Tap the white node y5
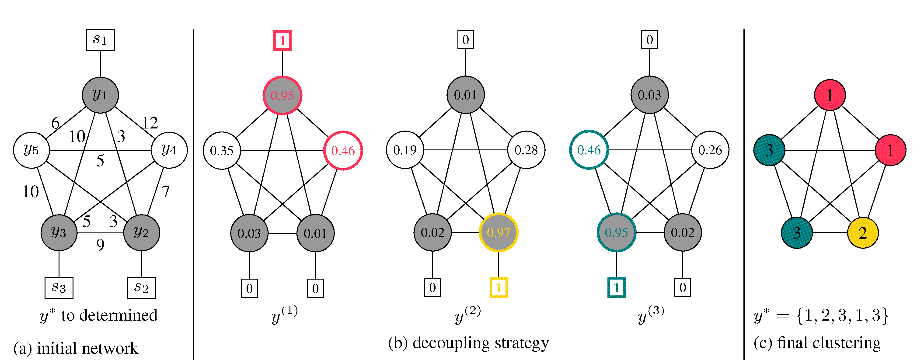31,150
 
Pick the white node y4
169,150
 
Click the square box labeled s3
59,287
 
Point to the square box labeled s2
142,287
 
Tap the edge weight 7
165,191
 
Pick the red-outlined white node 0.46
343,151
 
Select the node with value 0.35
222,151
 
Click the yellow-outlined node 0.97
499,233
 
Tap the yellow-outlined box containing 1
499,287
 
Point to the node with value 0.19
405,150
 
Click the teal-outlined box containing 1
616,287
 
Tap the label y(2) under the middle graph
467,315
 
